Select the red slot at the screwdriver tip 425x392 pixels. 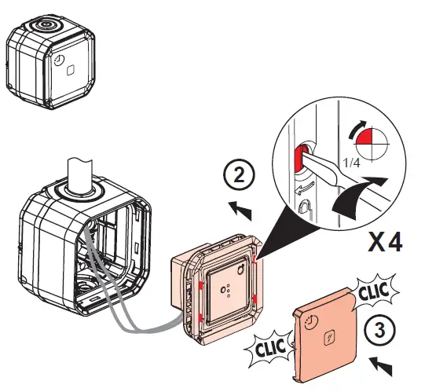pyautogui.click(x=300, y=155)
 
